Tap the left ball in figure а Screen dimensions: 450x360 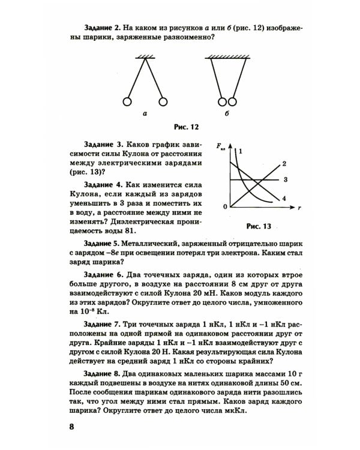pos(127,101)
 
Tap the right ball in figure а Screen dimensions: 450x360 pos(162,101)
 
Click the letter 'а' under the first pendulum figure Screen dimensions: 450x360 pos(145,113)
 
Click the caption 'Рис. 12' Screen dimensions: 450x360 pos(185,127)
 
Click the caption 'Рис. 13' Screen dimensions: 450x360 pos(259,226)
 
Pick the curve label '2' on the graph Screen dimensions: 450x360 pos(284,163)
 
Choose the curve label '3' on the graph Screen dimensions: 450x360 pos(286,179)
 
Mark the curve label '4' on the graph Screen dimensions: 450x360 pos(284,198)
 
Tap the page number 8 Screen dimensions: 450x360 pos(71,427)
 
